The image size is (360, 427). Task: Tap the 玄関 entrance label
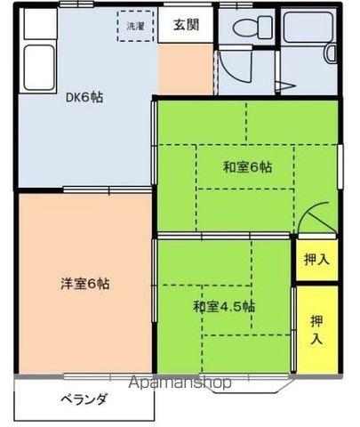[x=186, y=25]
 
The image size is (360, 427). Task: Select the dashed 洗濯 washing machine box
[x=135, y=27]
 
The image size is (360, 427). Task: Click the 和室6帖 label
[x=247, y=166]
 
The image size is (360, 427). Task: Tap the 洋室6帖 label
[x=85, y=285]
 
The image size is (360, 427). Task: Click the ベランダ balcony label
[x=84, y=399]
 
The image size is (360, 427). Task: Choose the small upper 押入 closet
[x=316, y=260]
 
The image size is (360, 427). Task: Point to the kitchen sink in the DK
[x=40, y=68]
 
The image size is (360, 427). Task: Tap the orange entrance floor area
[x=185, y=66]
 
